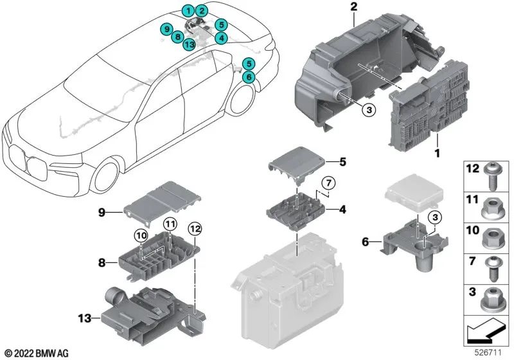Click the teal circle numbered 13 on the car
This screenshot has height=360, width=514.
188,44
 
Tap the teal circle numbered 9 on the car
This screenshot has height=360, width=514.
166,30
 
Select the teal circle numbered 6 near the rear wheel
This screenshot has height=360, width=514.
249,76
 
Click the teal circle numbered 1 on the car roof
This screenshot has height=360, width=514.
187,10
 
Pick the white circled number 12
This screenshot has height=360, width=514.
195,228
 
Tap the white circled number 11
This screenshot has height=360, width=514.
168,224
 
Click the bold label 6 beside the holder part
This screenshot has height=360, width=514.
367,242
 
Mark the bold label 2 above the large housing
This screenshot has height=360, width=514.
353,7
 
